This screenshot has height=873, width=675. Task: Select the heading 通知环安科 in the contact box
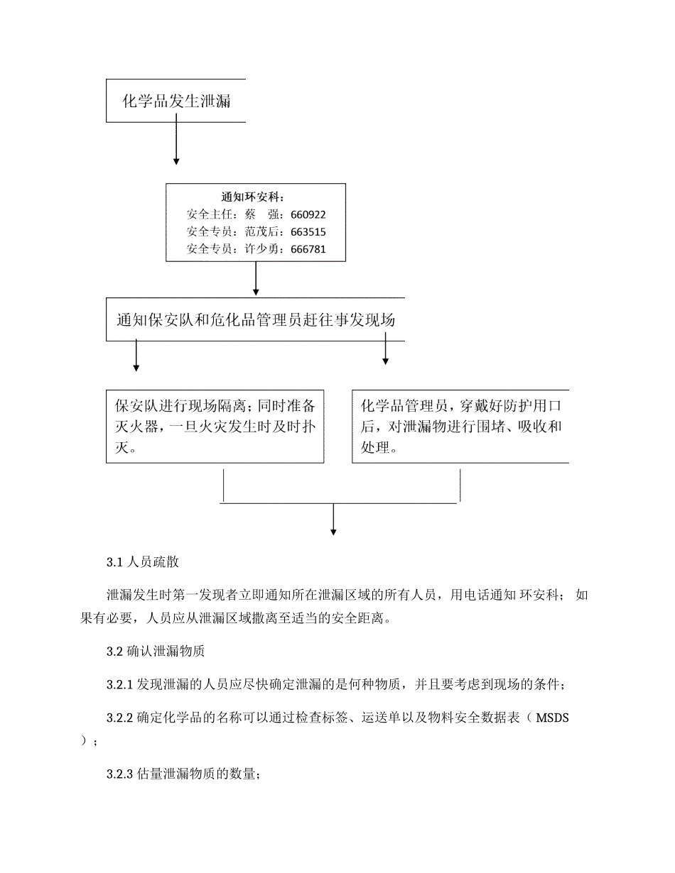(256, 197)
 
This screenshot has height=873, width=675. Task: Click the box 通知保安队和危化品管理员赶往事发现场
(256, 320)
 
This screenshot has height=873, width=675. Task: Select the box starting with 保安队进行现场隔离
(215, 426)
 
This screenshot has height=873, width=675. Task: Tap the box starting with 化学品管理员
(460, 426)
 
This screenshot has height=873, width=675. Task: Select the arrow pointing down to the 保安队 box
(136, 356)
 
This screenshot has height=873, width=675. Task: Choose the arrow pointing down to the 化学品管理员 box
(385, 349)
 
